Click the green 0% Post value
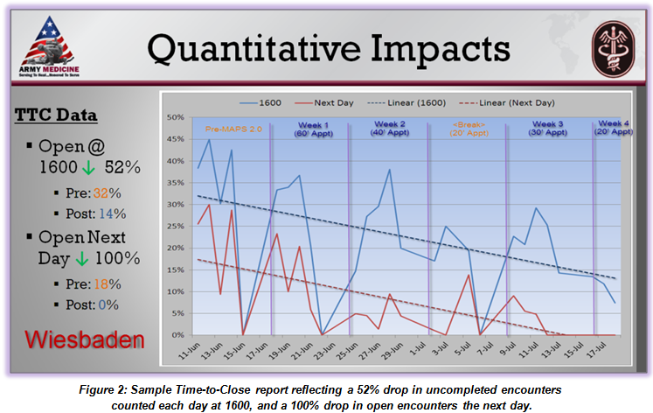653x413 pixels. pos(107,305)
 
